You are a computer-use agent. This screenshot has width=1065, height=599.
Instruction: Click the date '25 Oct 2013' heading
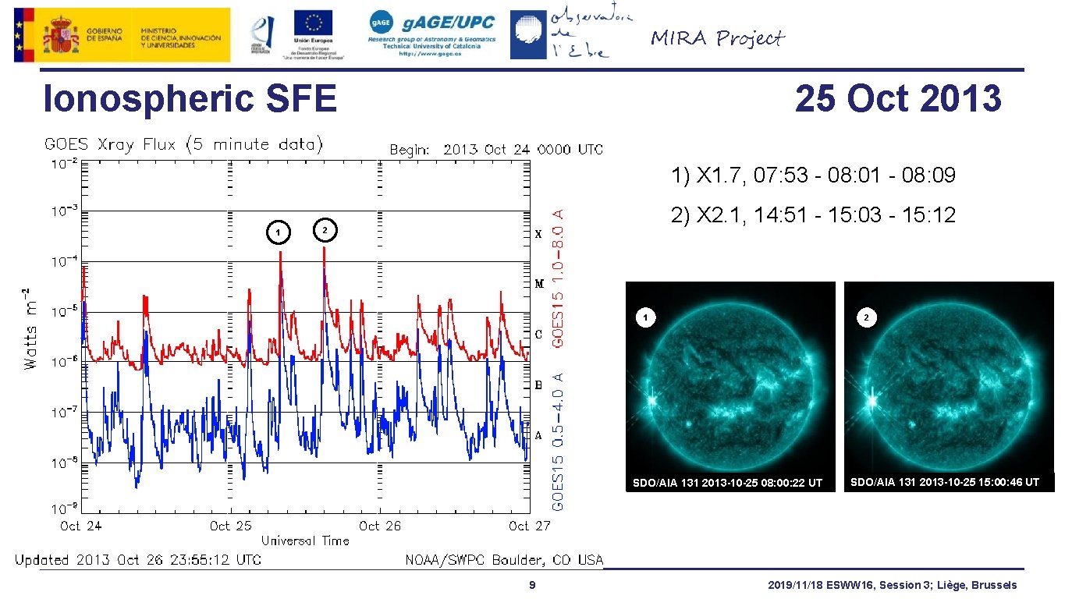(898, 99)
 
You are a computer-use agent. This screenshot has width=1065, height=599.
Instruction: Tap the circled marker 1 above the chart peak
(277, 232)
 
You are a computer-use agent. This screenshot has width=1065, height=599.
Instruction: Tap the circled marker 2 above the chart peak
(325, 229)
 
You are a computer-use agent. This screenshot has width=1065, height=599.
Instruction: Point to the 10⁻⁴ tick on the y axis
(65, 262)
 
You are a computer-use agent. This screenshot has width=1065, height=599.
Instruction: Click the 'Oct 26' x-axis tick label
(380, 526)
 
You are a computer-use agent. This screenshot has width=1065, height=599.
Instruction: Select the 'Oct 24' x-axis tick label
(81, 526)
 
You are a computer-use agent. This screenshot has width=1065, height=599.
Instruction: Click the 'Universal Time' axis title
(305, 541)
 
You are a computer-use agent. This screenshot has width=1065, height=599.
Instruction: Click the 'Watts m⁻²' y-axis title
(30, 328)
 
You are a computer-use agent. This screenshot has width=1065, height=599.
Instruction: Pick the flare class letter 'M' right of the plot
(539, 285)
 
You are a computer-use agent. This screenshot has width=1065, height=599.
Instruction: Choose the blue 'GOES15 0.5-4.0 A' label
(559, 441)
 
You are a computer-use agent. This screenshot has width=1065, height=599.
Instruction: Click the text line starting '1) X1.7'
(813, 175)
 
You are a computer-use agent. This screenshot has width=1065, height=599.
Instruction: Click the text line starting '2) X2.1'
(813, 215)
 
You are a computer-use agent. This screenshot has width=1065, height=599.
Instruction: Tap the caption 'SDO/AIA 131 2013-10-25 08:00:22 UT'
(726, 483)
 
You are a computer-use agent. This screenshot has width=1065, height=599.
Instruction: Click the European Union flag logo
(313, 23)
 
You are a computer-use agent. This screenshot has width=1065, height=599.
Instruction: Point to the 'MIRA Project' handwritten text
(718, 38)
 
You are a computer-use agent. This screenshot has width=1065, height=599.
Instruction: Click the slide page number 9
(531, 585)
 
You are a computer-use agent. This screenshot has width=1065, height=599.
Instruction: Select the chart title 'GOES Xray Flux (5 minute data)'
(184, 144)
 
